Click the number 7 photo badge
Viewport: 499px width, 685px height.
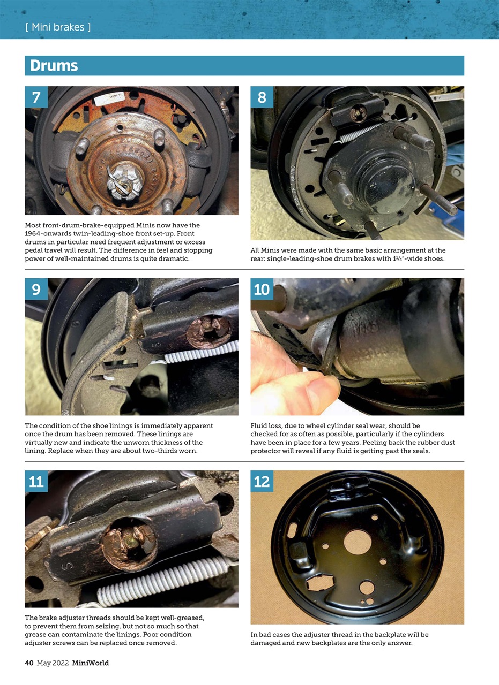click(x=36, y=97)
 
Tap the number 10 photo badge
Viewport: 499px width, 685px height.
click(x=262, y=289)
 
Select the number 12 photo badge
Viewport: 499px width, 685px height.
click(x=262, y=481)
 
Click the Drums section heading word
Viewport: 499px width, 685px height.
click(x=54, y=65)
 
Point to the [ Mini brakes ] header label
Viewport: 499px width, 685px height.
click(x=58, y=27)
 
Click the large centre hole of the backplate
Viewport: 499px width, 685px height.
click(x=358, y=542)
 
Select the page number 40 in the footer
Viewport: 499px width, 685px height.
click(x=29, y=663)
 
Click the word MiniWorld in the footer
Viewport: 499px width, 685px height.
click(x=91, y=663)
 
